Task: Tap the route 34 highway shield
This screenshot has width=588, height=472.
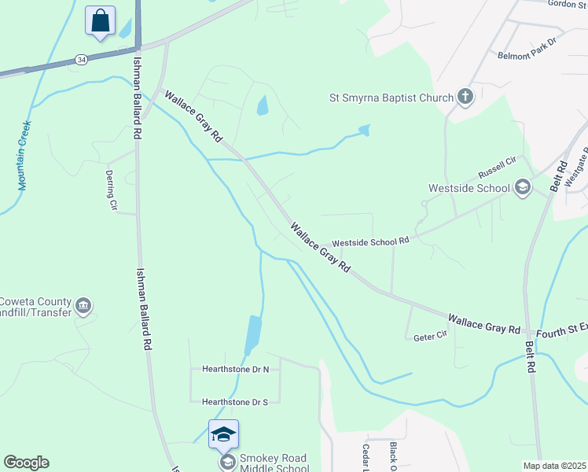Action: tap(80, 59)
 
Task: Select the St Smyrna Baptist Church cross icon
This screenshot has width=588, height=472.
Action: tap(465, 98)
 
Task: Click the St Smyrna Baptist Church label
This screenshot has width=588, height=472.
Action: tap(391, 98)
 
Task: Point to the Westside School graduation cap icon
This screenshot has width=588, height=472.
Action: tap(522, 187)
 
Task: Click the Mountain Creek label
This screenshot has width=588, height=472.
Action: tap(24, 155)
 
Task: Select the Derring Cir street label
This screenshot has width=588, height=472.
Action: tap(112, 190)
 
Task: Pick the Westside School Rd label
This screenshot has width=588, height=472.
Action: tap(371, 242)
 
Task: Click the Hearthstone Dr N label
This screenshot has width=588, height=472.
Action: tap(235, 369)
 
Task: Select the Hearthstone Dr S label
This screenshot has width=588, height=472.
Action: tap(235, 402)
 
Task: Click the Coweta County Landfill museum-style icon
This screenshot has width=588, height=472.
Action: tap(84, 304)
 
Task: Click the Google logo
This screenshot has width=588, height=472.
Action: tap(26, 463)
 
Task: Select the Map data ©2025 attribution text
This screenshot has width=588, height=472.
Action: tap(554, 466)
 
